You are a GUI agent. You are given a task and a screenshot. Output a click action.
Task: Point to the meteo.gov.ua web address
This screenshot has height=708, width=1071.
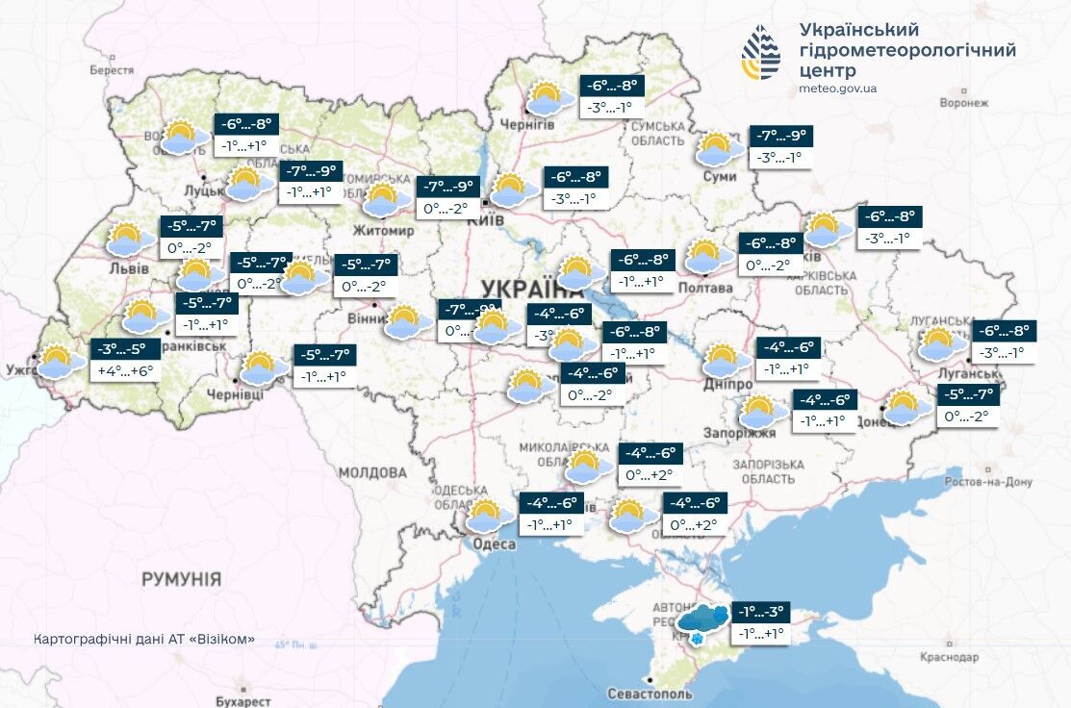tap(837, 88)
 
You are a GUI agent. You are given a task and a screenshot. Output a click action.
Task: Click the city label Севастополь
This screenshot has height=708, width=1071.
tap(650, 694)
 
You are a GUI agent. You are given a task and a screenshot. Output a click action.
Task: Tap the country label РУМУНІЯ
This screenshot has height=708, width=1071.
tap(181, 579)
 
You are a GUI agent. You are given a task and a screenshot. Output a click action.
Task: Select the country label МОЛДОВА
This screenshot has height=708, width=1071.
tap(372, 472)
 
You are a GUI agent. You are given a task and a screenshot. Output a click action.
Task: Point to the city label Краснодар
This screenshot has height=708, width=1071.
tap(949, 656)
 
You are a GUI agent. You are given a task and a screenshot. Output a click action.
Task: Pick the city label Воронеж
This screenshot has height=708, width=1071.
tap(964, 102)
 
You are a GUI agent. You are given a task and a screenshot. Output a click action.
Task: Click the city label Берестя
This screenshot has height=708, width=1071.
tap(112, 70)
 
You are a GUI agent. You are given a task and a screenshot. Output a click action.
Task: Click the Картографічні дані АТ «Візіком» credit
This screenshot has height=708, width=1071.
tap(144, 639)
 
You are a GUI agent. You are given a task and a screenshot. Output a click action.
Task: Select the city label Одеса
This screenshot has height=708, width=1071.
tap(495, 544)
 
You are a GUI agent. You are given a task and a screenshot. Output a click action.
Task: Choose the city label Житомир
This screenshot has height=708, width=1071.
tap(384, 232)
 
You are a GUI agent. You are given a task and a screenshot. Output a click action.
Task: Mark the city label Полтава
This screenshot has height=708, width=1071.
tap(705, 288)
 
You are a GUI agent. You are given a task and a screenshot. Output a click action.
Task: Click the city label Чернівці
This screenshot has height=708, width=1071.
tap(236, 394)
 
